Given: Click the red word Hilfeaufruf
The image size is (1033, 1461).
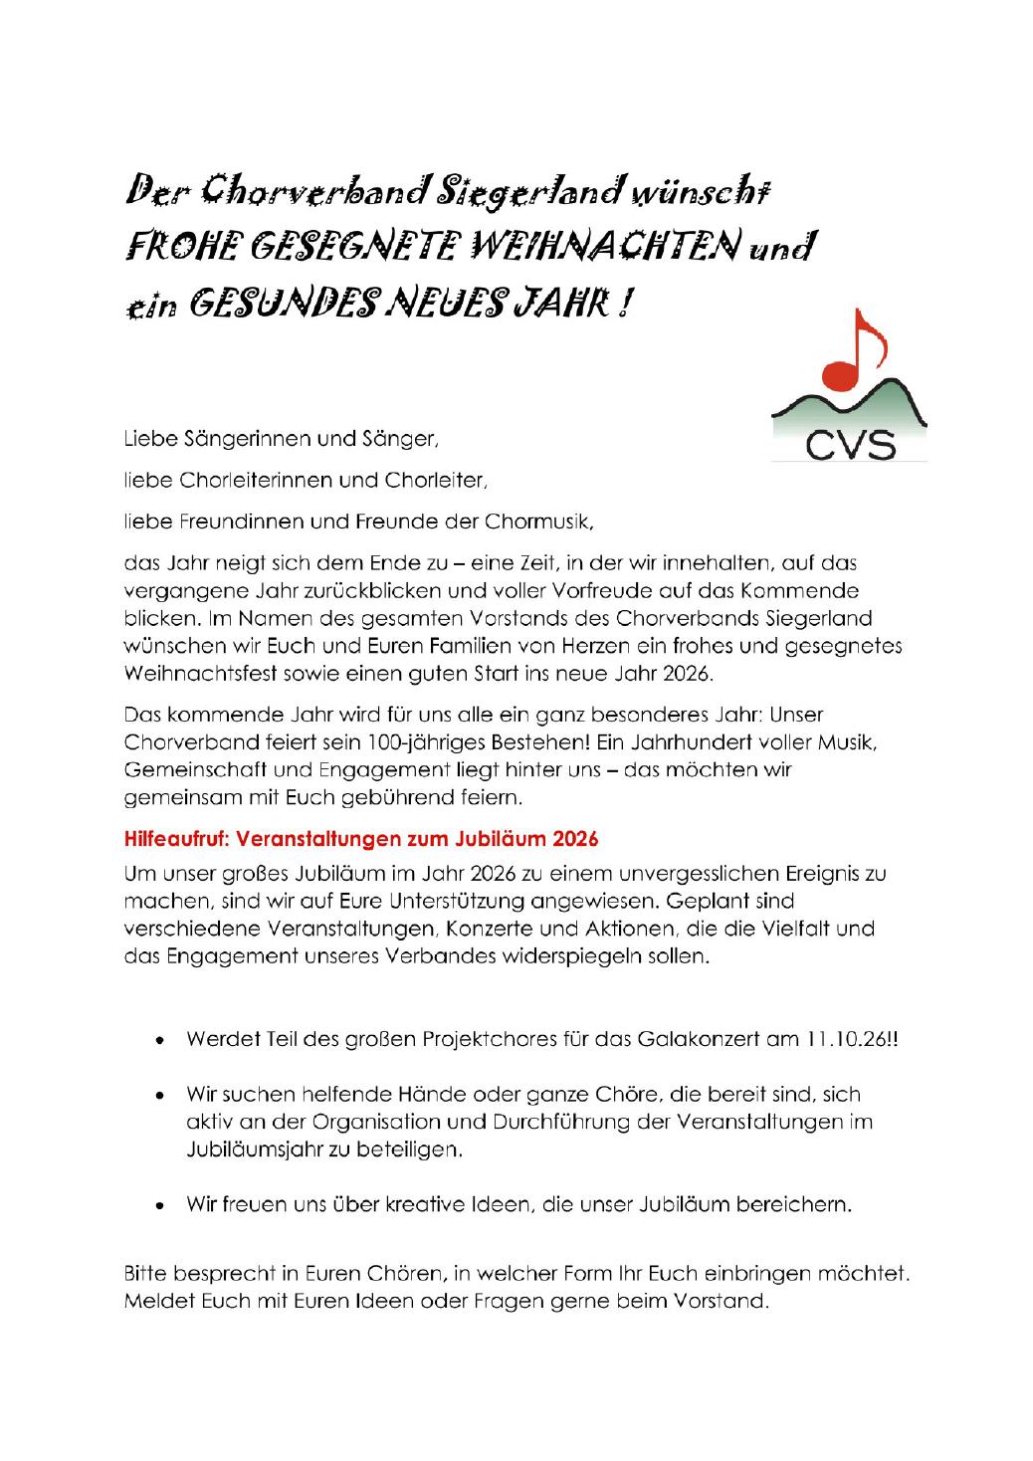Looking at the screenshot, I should pos(173,839).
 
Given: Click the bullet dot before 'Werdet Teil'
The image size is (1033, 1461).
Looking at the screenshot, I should pos(160,1041).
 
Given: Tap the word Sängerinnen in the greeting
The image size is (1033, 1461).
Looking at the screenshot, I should pos(233,436).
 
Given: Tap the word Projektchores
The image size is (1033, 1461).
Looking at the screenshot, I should pos(481,1039).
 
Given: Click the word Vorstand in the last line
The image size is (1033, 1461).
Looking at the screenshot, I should pos(728,1300).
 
